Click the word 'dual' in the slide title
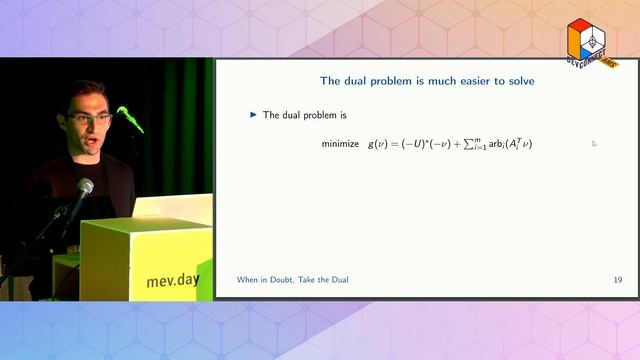pos(354,81)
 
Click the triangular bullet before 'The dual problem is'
pos(253,115)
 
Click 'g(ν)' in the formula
pos(377,144)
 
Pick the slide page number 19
pos(617,280)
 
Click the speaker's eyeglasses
pos(91,119)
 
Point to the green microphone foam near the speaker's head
pos(130,118)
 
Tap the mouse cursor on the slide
pos(593,143)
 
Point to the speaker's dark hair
pos(86,94)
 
